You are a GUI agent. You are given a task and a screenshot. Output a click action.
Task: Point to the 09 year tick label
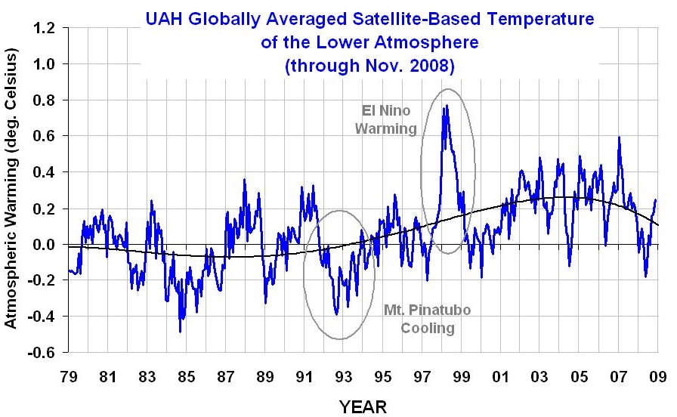[657, 376]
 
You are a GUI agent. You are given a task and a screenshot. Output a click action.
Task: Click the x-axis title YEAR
[362, 406]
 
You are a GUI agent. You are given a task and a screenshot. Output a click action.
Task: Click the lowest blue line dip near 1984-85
[180, 331]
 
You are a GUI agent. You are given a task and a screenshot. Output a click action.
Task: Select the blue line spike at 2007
[620, 137]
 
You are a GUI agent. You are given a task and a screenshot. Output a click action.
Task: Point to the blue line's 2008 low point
[645, 276]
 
